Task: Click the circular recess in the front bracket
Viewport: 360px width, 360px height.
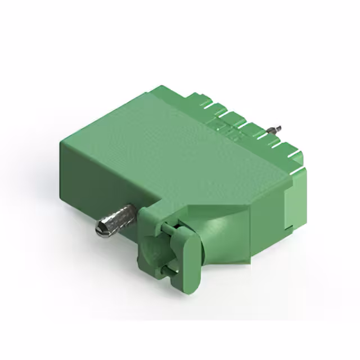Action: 154,253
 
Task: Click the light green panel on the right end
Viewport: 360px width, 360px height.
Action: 292,202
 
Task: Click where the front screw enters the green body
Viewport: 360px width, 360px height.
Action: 135,213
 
